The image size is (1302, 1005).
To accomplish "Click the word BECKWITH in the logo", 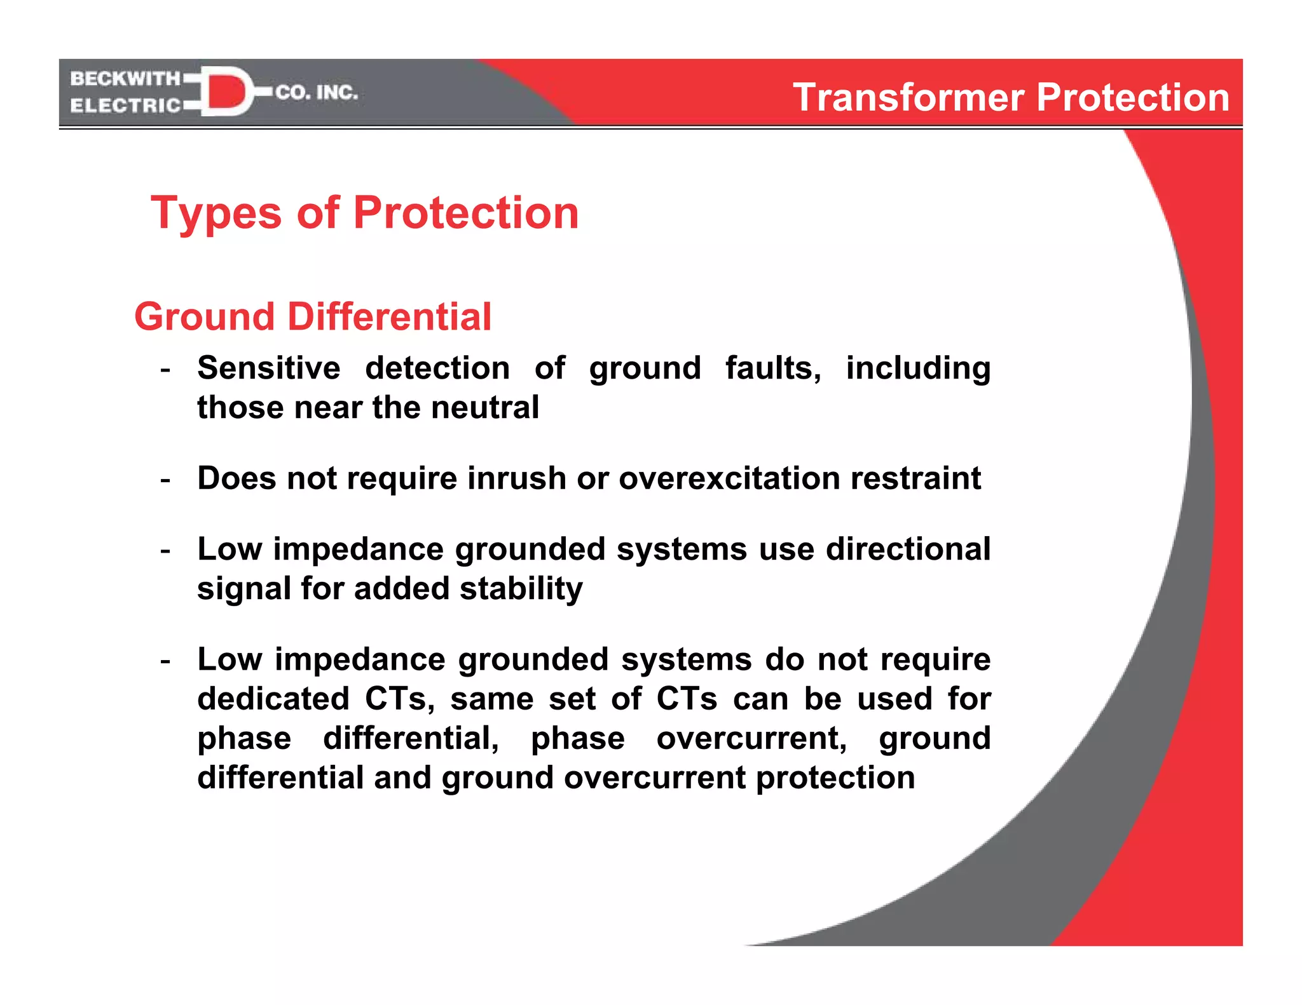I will pyautogui.click(x=125, y=79).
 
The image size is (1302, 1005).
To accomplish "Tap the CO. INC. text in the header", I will pyautogui.click(x=317, y=93).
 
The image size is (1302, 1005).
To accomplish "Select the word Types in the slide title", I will pyautogui.click(x=216, y=214).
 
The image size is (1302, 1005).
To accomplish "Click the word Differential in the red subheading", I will pyautogui.click(x=389, y=316).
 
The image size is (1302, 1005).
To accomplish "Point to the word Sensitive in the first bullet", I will pyautogui.click(x=268, y=368).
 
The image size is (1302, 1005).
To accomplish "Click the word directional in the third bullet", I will pyautogui.click(x=908, y=550).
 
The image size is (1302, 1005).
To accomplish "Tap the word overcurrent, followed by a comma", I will pyautogui.click(x=751, y=738).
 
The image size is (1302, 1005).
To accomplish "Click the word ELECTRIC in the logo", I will pyautogui.click(x=125, y=105).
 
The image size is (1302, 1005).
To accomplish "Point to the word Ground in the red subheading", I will pyautogui.click(x=204, y=316).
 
